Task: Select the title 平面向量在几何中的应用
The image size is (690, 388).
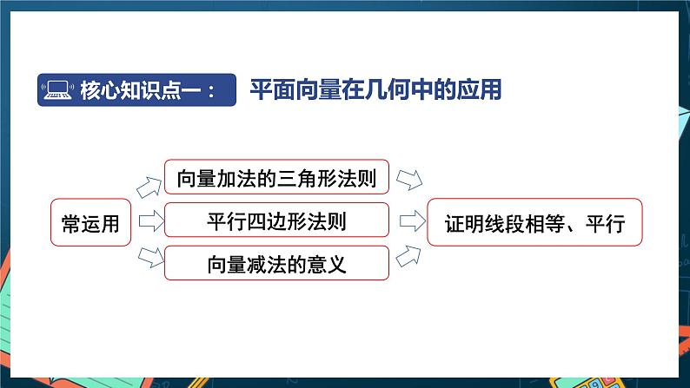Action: (x=375, y=89)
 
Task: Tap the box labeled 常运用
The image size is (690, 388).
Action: (x=90, y=222)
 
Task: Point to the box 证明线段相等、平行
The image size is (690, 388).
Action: (x=534, y=222)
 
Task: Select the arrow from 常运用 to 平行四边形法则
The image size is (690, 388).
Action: (x=149, y=222)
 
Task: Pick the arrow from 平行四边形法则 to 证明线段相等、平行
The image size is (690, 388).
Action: (x=409, y=221)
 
